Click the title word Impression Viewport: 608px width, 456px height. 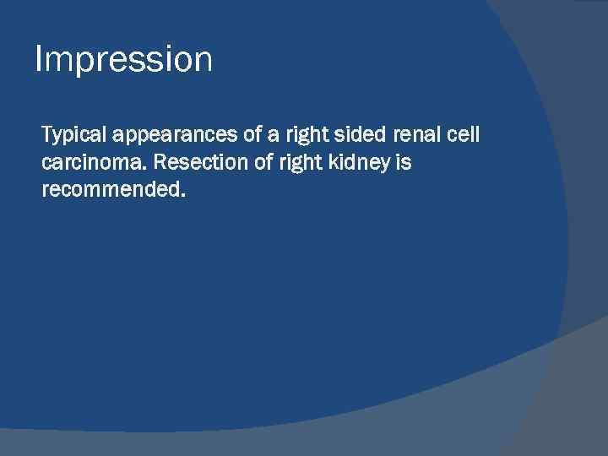point(123,61)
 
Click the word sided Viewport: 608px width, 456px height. point(364,135)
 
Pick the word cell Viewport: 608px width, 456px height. point(464,135)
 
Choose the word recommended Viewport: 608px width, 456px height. point(110,190)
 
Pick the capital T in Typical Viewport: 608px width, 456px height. point(47,134)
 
